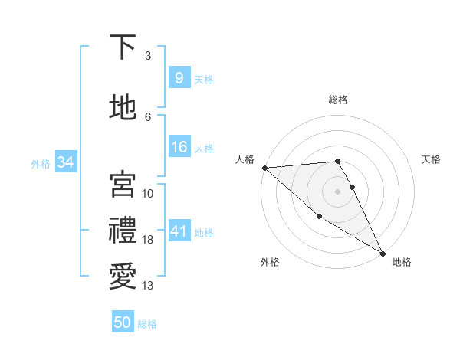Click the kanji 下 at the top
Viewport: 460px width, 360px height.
coord(123,47)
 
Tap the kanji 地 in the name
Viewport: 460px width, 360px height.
coord(123,108)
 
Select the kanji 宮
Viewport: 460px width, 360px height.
coord(123,185)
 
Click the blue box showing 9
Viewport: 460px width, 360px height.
coord(179,77)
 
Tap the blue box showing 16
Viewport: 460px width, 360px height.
coord(179,147)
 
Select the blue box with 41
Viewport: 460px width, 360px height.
coord(179,231)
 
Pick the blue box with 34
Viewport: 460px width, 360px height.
coord(65,162)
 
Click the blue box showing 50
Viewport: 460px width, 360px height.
coord(123,322)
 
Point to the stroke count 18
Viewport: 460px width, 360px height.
coord(148,240)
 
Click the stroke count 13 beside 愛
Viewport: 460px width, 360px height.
coord(148,286)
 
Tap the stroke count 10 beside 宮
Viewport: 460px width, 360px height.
coord(148,194)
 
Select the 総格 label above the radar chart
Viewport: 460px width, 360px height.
coord(338,100)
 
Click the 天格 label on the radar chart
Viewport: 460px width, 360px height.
coord(432,159)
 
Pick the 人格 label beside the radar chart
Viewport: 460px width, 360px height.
coord(245,159)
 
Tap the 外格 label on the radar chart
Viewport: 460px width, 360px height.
coord(270,262)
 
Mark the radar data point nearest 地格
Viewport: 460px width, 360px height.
coord(383,253)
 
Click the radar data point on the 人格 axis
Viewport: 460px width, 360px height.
coord(264,168)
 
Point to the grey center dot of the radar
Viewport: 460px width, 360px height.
coord(338,191)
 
